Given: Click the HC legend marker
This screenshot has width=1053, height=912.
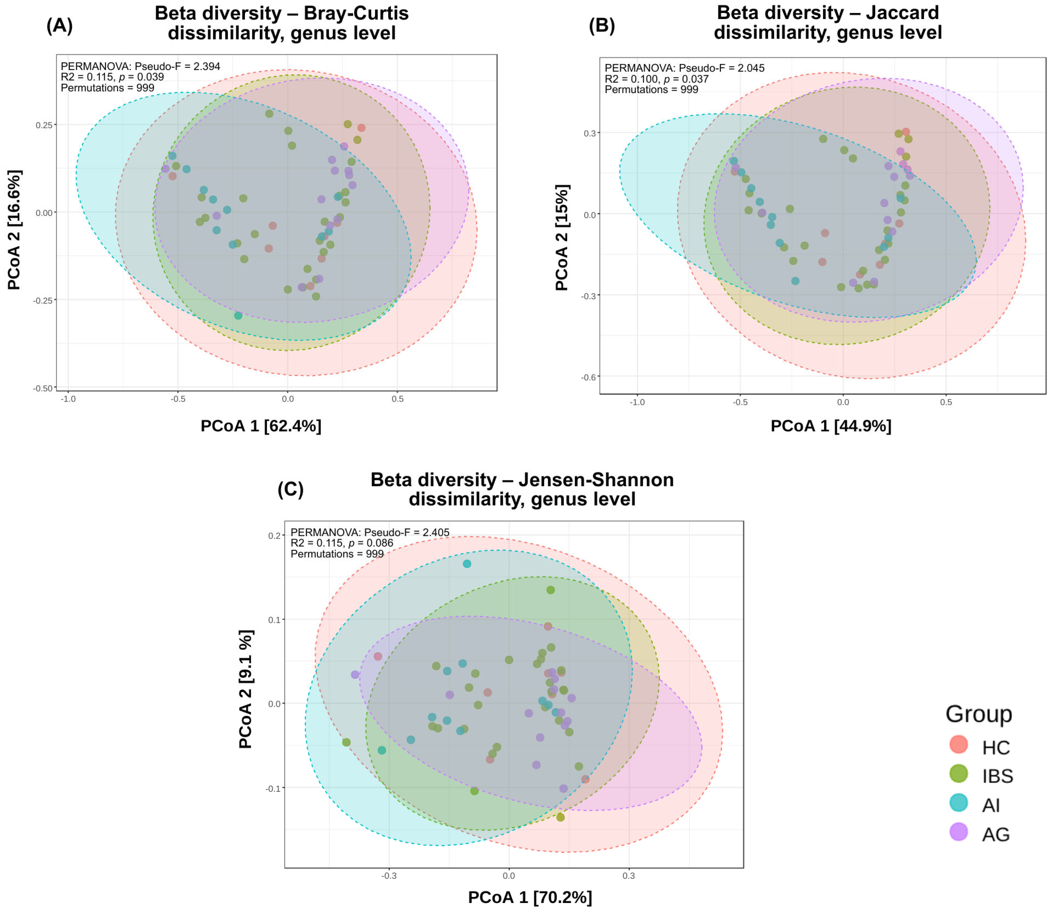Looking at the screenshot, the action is coord(959,745).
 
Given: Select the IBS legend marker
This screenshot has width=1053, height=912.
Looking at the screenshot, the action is coord(959,774).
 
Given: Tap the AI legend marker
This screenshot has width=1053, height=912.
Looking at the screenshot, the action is coord(959,803).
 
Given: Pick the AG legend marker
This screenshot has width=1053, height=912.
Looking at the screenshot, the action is coord(959,832).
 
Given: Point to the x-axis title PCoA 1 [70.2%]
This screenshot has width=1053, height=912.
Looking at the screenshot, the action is coord(530,897).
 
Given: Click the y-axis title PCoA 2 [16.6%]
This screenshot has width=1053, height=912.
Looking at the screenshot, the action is coord(15,230).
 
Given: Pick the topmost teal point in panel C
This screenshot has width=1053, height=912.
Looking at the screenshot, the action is coord(467,564).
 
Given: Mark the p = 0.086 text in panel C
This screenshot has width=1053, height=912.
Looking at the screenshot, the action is coord(370,543).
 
